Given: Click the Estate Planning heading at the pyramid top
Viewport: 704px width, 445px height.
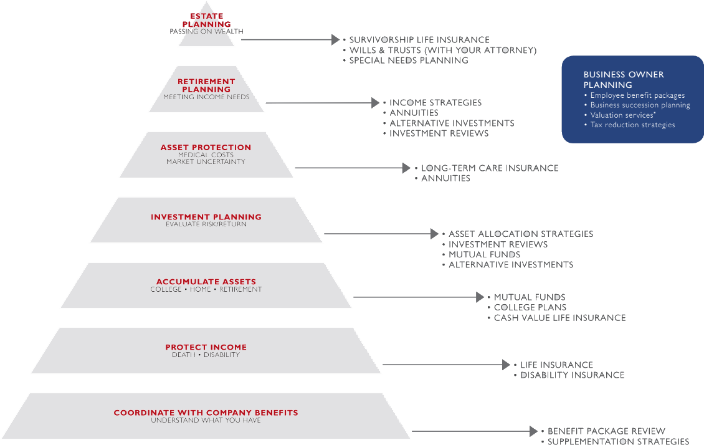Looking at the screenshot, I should click(206, 20).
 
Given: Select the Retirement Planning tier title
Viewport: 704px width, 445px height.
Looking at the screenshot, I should click(206, 85).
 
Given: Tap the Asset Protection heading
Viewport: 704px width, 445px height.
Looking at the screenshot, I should click(206, 148).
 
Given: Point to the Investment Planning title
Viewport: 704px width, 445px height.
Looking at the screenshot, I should click(206, 217).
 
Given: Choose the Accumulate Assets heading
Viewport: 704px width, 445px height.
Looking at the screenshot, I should click(206, 282).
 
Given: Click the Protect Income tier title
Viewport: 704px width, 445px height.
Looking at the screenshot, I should click(206, 347).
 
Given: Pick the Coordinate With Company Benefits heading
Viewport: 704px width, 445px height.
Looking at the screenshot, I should click(206, 413).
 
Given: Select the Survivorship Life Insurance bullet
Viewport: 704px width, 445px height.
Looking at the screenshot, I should click(419, 40).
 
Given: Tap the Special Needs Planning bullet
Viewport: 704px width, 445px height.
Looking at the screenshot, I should click(408, 60).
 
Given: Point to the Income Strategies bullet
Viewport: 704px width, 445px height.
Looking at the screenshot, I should click(435, 103).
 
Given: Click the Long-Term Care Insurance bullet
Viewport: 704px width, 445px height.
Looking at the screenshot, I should click(489, 168).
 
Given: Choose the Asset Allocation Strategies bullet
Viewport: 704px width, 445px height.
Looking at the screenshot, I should click(520, 234).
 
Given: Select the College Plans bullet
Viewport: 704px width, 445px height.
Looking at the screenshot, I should click(530, 307).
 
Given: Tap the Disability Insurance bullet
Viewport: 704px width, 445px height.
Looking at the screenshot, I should click(572, 375).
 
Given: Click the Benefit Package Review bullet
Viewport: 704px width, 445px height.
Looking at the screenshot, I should click(606, 431).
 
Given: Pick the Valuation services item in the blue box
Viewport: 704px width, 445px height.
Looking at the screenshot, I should click(623, 115).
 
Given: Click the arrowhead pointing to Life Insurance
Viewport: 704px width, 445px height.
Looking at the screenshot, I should click(506, 365).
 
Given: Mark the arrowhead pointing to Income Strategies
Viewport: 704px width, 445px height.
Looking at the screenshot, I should click(375, 103).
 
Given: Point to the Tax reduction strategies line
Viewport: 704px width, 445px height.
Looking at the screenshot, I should click(632, 125).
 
